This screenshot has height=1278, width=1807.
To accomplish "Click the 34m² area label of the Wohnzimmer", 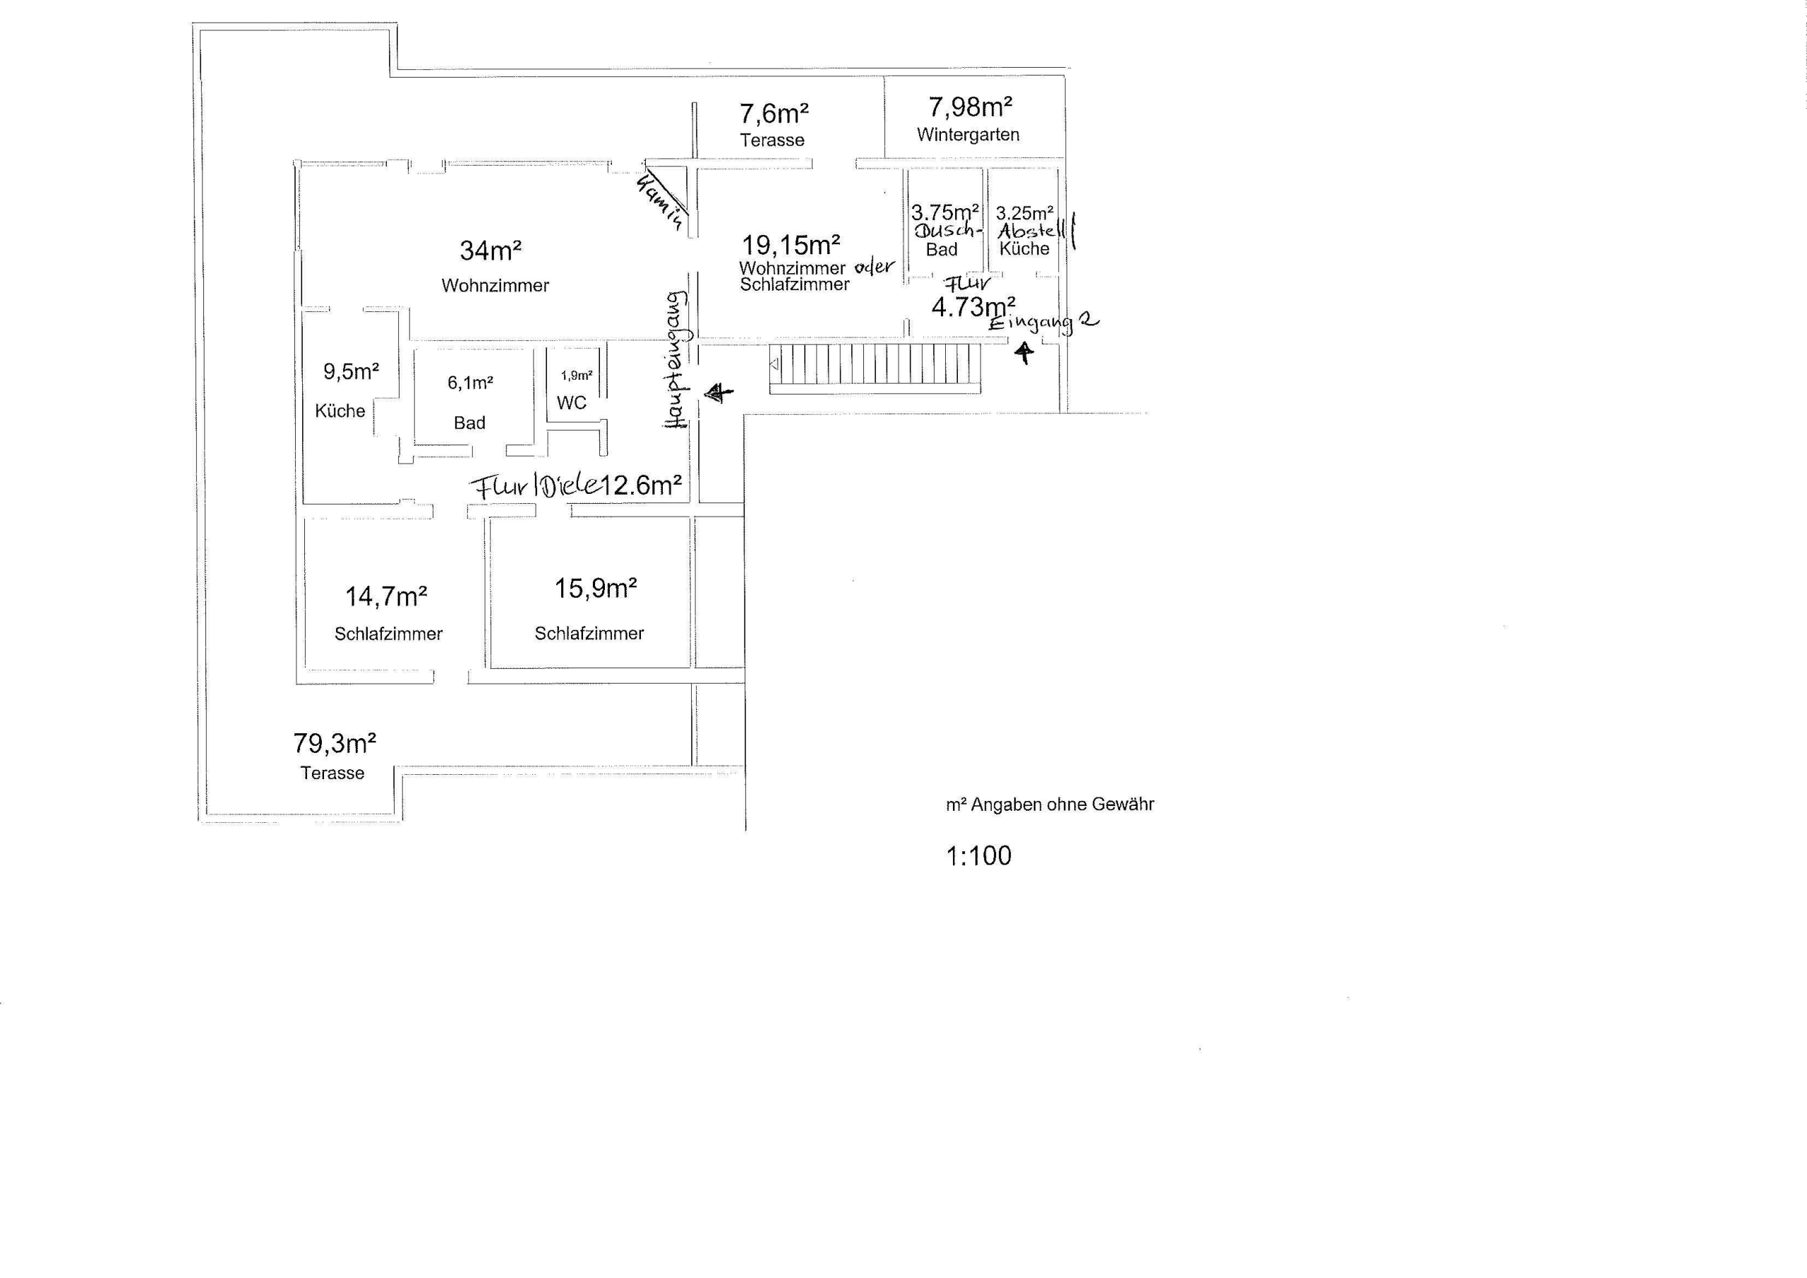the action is click(491, 251).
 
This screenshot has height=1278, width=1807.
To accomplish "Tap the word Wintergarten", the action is click(968, 135).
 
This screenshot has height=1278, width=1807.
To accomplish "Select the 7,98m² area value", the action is click(971, 107).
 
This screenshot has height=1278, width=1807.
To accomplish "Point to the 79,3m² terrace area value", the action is click(335, 743).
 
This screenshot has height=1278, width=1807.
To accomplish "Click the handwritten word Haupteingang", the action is click(676, 360).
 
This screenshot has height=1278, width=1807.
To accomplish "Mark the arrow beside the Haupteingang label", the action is click(719, 392).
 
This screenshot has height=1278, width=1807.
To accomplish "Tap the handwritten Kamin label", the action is click(659, 203).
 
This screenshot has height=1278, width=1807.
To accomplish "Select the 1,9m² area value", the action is click(576, 375).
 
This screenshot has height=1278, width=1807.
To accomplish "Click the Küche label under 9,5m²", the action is click(340, 411).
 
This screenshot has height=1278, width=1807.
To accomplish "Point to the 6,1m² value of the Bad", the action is click(471, 382).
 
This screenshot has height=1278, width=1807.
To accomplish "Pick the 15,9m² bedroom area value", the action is click(596, 588).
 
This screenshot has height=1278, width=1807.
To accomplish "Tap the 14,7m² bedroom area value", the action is click(386, 596).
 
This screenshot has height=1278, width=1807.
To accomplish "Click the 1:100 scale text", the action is click(978, 855).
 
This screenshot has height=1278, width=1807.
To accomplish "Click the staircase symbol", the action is click(875, 368).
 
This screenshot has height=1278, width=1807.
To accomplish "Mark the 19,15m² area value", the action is click(791, 246).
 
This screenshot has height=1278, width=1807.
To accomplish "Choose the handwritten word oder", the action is click(875, 267).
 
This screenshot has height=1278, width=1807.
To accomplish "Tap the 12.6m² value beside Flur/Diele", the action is click(642, 486).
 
